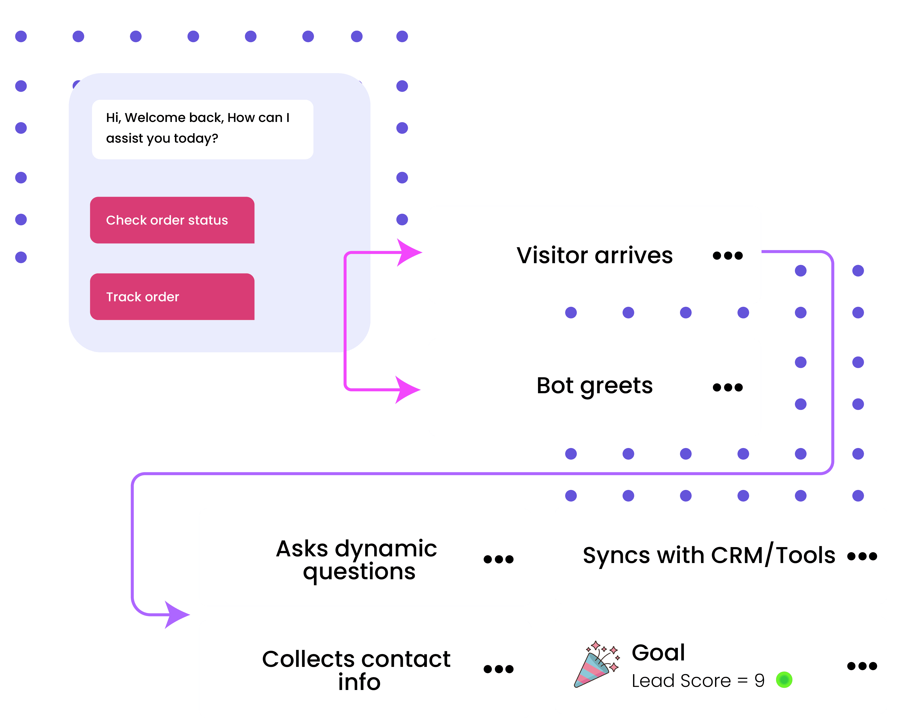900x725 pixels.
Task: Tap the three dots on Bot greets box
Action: pyautogui.click(x=727, y=387)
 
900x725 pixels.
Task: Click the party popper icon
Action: pyautogui.click(x=596, y=664)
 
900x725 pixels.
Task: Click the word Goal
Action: pyautogui.click(x=658, y=652)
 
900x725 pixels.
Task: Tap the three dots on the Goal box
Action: pyautogui.click(x=862, y=666)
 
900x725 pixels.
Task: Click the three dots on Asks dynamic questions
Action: pyautogui.click(x=498, y=559)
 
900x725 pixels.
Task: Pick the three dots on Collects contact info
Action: pyautogui.click(x=498, y=669)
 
